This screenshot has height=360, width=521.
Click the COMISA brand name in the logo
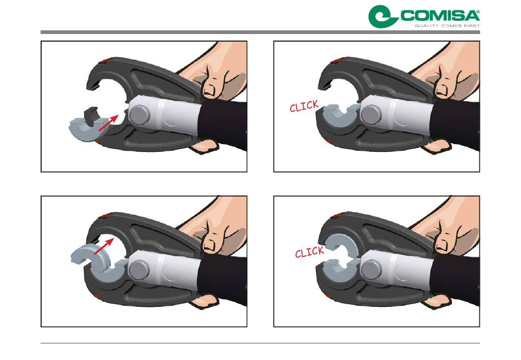440,16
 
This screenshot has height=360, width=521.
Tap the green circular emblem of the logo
382,16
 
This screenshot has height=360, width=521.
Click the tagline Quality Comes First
447,26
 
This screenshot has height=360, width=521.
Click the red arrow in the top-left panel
109,123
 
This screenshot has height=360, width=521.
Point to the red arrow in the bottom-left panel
104,246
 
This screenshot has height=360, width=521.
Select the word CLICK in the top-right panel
304,106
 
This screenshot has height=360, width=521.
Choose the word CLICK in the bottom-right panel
309,252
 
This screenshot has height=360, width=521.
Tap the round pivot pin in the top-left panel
139,115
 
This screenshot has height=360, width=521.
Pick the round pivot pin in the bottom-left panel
139,270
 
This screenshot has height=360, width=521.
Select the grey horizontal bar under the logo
260,32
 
